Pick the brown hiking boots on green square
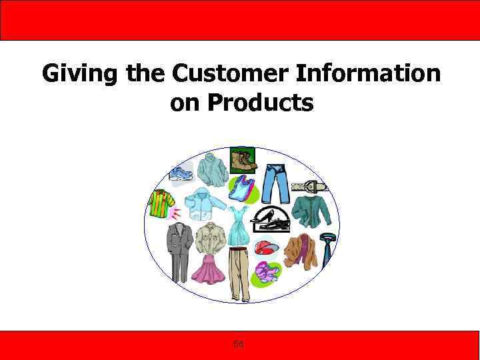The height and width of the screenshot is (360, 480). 242,160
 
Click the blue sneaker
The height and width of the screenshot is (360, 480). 180,174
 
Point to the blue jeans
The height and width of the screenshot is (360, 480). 275,181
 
